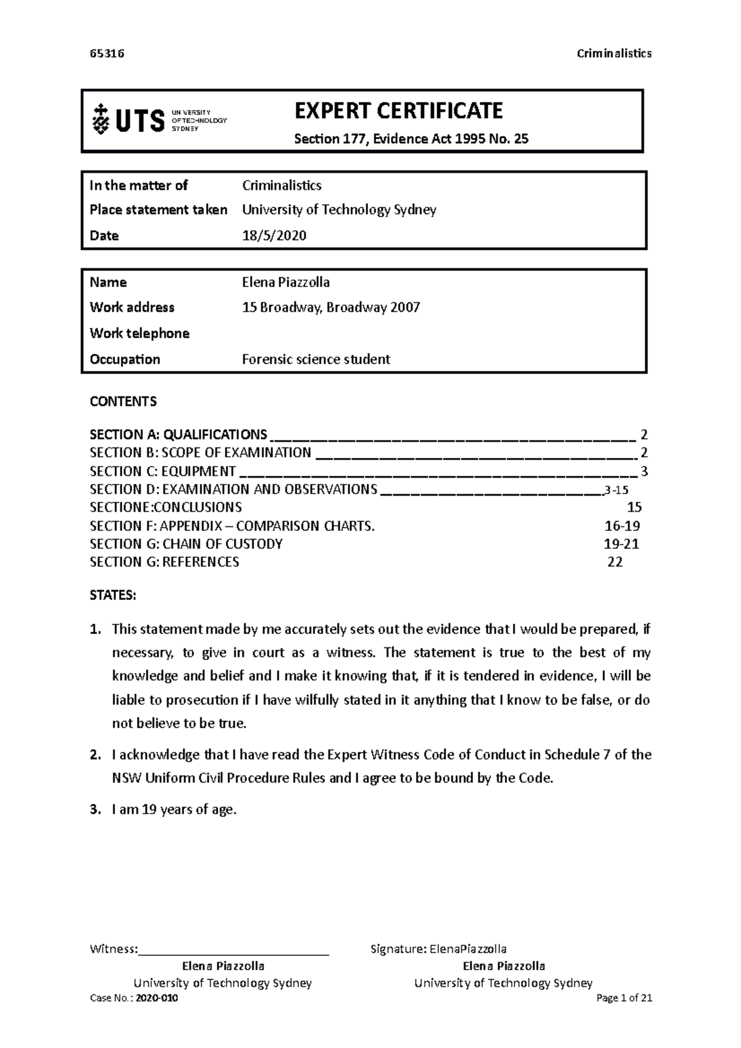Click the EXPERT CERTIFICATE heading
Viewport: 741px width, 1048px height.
click(x=398, y=111)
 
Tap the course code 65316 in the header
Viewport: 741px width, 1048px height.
click(x=107, y=53)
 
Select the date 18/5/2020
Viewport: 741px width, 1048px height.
click(x=274, y=236)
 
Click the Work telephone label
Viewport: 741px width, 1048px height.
click(x=140, y=333)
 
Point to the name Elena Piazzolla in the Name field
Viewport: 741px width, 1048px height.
click(x=285, y=283)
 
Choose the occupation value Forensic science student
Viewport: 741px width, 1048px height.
click(x=316, y=359)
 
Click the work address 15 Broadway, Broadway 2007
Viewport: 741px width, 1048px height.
click(x=331, y=307)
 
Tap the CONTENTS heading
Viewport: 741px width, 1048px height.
click(x=123, y=402)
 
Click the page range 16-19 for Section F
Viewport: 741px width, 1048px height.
click(x=622, y=526)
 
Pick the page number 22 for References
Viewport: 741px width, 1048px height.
click(x=614, y=562)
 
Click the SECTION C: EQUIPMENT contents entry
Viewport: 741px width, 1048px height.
click(x=162, y=472)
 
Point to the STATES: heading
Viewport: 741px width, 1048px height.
click(x=112, y=596)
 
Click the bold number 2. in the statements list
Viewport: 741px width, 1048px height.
click(x=94, y=755)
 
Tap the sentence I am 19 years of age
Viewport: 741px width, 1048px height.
click(x=174, y=810)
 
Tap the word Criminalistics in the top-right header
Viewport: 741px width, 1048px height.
click(x=614, y=53)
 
